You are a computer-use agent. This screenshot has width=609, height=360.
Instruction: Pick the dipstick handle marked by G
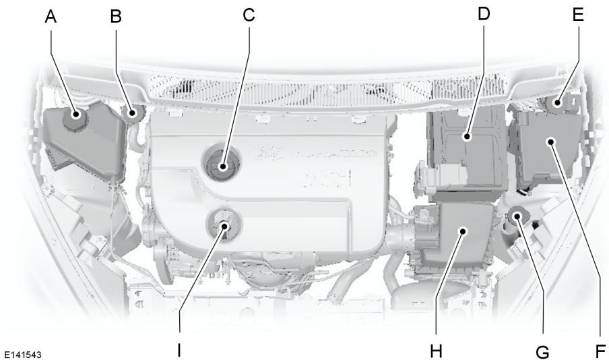pyautogui.click(x=517, y=216)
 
